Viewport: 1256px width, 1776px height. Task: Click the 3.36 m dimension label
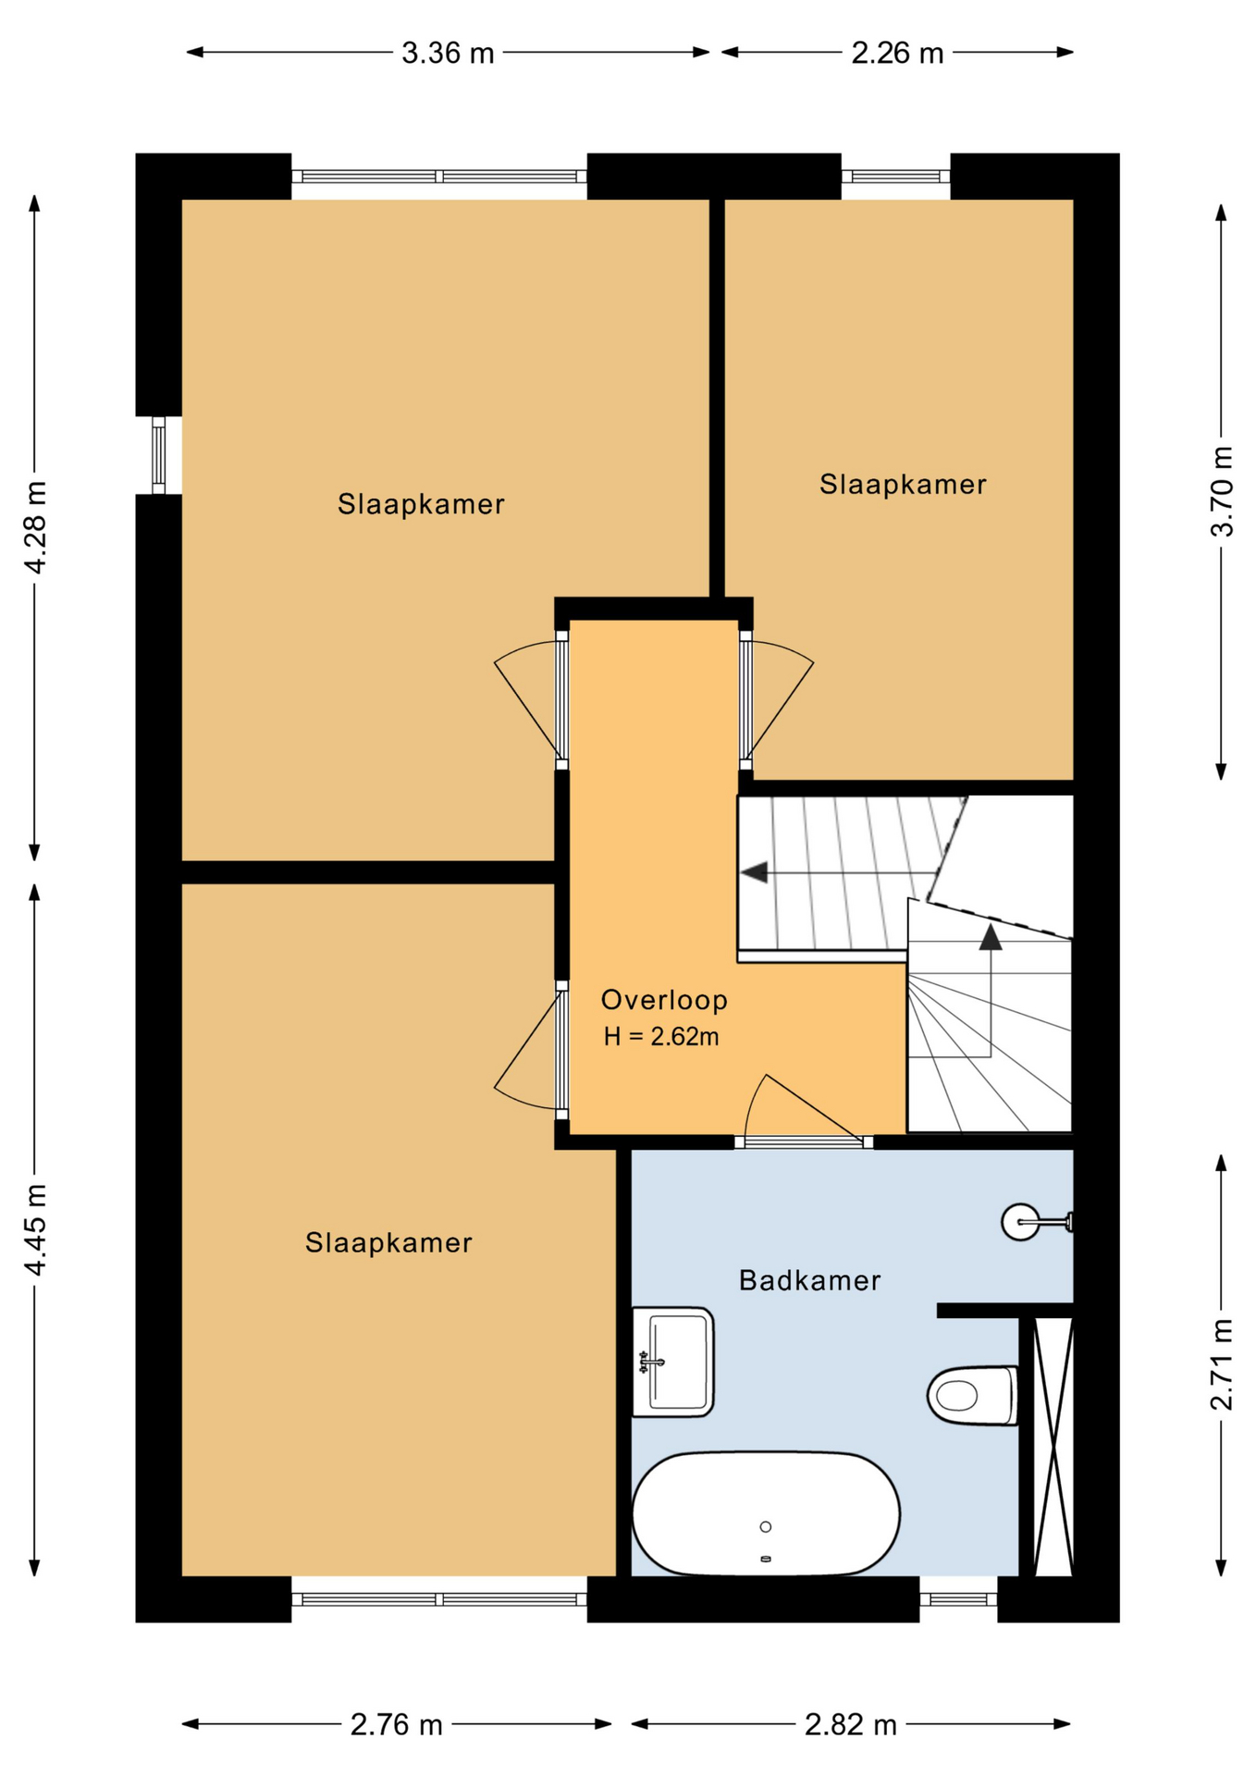[448, 53]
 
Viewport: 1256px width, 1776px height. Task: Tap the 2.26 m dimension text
[897, 53]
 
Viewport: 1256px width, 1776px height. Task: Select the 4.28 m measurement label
[34, 527]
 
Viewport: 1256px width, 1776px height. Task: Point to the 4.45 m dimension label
[34, 1229]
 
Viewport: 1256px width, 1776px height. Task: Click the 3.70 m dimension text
[1222, 491]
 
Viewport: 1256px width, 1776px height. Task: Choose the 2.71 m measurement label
[1222, 1364]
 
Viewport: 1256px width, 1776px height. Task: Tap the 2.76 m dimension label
[397, 1725]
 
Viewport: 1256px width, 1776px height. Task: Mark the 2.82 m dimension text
[851, 1725]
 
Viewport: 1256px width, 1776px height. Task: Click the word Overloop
[664, 1000]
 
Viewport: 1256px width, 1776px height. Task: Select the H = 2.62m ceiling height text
[661, 1037]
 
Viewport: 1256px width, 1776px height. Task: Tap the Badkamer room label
[809, 1280]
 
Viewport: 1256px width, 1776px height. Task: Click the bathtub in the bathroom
[766, 1513]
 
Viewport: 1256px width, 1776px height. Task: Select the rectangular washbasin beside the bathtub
[672, 1362]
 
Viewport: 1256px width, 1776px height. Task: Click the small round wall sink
[1021, 1222]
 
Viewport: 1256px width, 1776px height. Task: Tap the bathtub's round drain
[765, 1527]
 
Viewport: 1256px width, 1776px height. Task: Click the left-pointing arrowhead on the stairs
[755, 872]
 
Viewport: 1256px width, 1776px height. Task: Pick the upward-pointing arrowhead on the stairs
[991, 937]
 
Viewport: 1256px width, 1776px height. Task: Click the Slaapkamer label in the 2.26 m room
[903, 484]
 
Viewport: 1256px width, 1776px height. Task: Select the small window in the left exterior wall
[158, 455]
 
